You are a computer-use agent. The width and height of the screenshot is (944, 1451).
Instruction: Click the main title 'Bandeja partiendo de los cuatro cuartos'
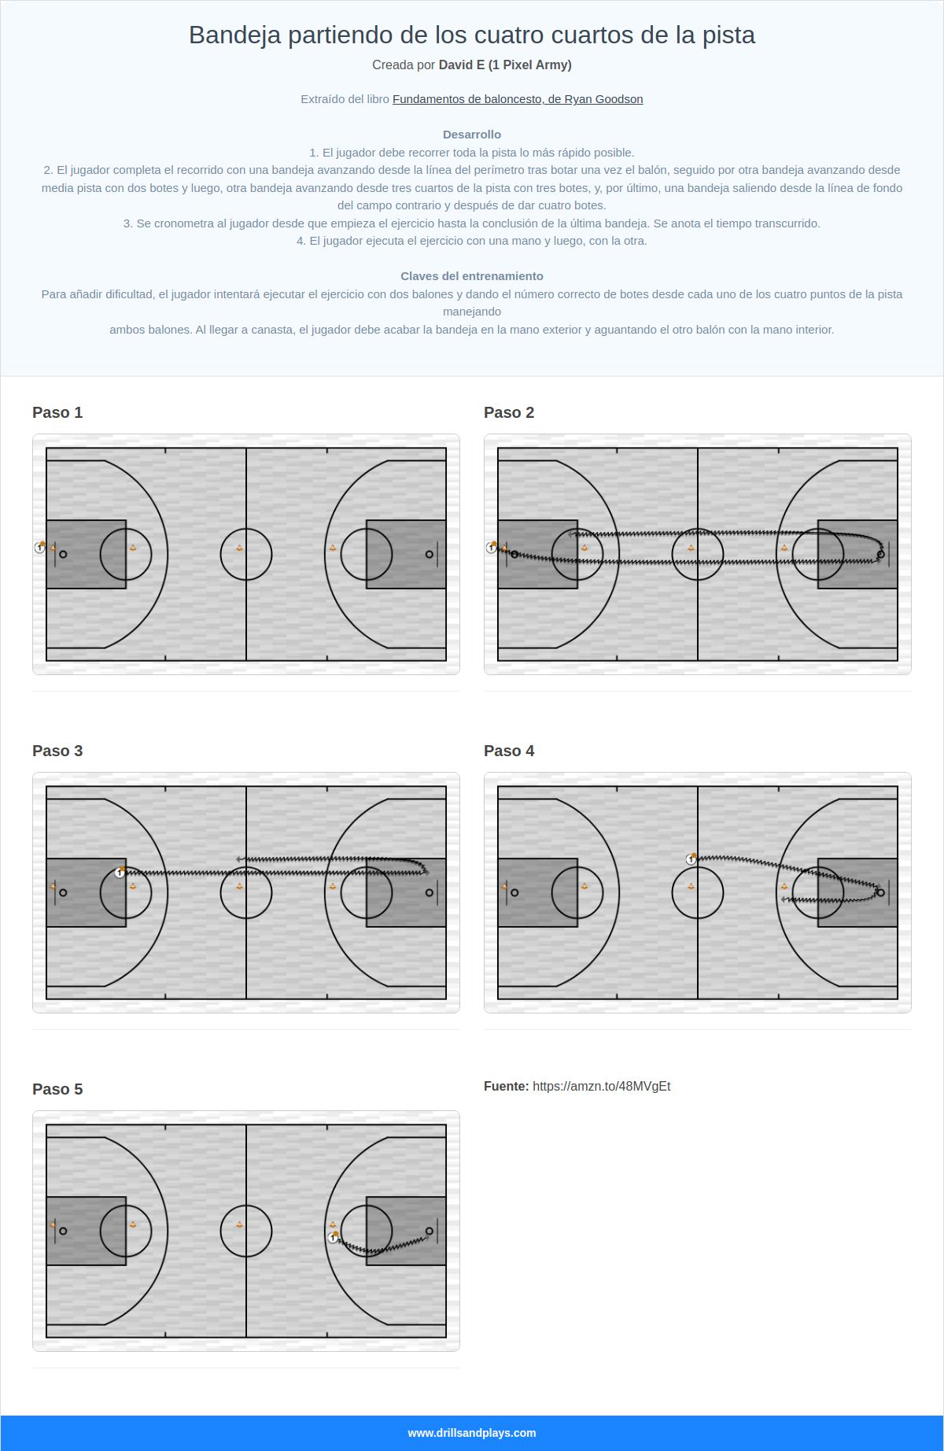click(472, 35)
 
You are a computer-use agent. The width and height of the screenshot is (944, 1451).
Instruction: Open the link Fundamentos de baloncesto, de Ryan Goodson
click(518, 99)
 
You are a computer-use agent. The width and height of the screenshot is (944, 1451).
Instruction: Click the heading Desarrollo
click(472, 135)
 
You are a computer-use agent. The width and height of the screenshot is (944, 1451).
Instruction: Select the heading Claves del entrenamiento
click(472, 276)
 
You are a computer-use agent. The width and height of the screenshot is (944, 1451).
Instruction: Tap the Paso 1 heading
click(57, 412)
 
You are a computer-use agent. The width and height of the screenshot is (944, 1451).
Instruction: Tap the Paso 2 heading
click(509, 412)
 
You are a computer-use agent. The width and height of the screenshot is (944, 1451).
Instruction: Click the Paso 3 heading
click(57, 751)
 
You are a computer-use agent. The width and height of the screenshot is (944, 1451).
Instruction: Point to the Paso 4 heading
click(509, 751)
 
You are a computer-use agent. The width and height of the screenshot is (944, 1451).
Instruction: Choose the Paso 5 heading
click(57, 1089)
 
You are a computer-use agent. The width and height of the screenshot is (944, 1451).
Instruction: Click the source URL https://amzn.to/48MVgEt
click(601, 1086)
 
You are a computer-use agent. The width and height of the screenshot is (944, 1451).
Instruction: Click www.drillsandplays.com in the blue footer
click(472, 1433)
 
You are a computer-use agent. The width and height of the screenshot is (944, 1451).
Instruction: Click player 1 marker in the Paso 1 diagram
click(40, 548)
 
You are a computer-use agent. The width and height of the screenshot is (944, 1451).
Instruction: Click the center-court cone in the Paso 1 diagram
click(240, 548)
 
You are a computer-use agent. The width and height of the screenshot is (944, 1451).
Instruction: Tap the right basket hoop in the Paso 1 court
click(429, 554)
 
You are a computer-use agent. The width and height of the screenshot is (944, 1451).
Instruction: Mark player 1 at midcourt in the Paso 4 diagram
click(691, 859)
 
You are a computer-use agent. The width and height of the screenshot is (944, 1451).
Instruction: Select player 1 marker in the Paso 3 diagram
click(120, 873)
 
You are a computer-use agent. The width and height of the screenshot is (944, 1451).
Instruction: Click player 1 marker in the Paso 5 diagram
click(333, 1238)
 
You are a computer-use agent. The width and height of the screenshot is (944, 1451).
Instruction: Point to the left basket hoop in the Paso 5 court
click(63, 1231)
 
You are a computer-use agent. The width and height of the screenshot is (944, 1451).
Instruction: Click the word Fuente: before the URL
click(506, 1086)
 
